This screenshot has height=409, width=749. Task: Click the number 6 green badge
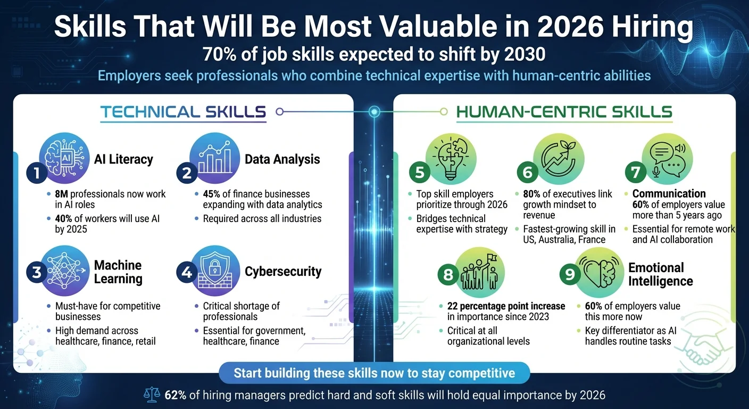tap(527, 173)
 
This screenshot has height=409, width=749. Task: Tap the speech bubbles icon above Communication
tap(668, 158)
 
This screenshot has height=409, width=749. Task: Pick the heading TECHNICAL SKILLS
tap(183, 112)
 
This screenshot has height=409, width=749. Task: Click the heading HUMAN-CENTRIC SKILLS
tap(564, 112)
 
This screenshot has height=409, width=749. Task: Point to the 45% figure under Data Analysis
tap(212, 194)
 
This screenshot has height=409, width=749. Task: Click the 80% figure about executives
tap(534, 194)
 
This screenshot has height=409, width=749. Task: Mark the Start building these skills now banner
tap(374, 373)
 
